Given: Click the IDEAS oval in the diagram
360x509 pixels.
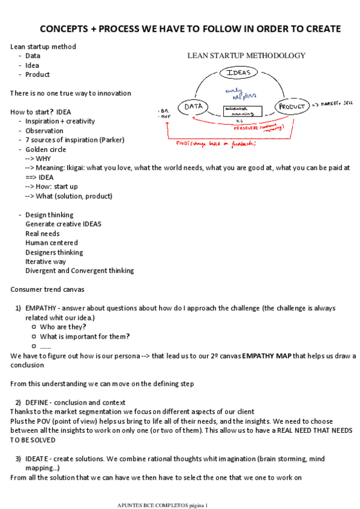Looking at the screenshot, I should [239, 73].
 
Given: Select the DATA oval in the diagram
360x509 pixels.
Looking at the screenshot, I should [193, 107].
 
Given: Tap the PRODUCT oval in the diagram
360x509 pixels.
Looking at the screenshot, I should [292, 107].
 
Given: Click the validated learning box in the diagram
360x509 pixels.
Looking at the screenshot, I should [242, 112].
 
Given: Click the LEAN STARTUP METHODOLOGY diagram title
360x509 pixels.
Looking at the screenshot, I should [246, 56].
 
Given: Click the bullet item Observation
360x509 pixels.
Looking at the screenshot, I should [44, 131].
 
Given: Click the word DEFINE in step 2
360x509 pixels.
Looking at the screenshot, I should [37, 402].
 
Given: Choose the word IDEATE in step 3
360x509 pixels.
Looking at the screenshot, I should [38, 459].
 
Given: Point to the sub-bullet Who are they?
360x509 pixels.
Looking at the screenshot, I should [63, 327].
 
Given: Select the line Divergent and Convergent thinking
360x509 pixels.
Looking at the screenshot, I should [79, 271].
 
